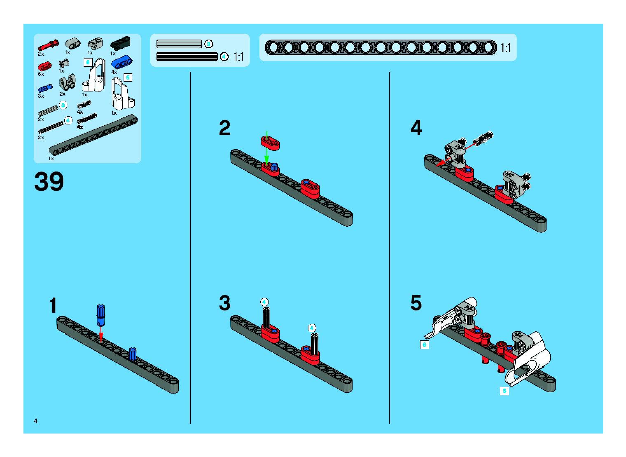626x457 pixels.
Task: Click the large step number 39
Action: (49, 182)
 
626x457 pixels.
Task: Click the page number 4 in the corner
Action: (36, 421)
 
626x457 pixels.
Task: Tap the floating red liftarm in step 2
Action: (270, 143)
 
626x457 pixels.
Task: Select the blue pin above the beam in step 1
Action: (101, 315)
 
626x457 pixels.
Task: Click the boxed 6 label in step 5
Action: (424, 345)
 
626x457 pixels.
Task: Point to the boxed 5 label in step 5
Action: (504, 391)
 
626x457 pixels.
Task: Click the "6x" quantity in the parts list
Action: (41, 74)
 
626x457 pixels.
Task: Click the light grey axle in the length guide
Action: (179, 44)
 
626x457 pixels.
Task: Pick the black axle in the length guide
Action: (187, 57)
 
